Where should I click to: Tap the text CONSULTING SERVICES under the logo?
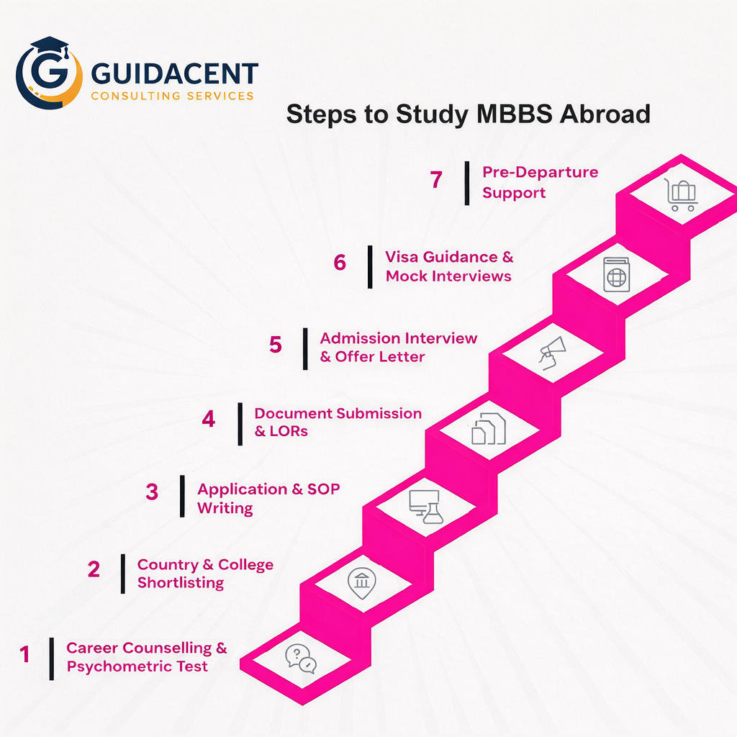click(x=172, y=96)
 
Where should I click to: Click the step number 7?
click(x=436, y=180)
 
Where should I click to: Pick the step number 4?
click(x=208, y=419)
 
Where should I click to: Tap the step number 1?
click(x=25, y=655)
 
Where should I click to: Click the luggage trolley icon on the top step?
click(x=681, y=194)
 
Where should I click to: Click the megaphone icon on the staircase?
click(x=552, y=353)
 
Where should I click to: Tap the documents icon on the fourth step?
click(x=489, y=429)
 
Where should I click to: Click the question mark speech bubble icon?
click(x=300, y=658)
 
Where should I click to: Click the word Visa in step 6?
click(x=402, y=257)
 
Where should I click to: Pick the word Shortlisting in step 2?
click(x=181, y=582)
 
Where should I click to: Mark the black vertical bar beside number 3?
click(x=182, y=496)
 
